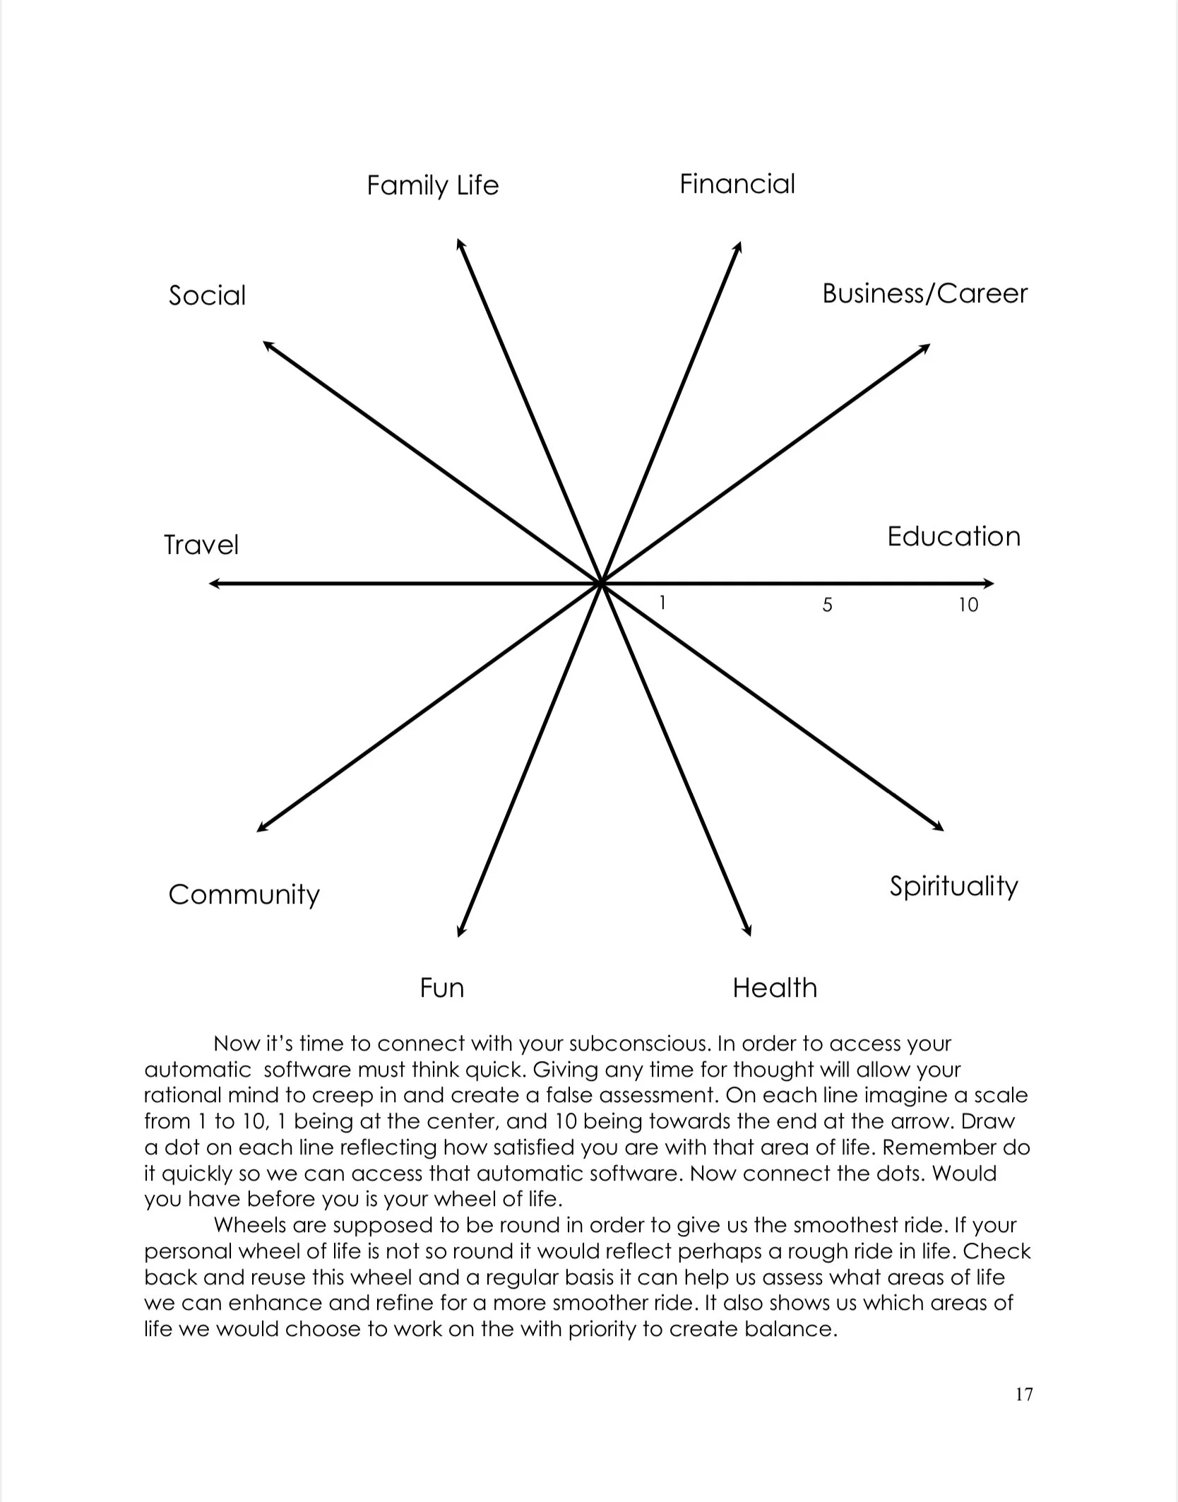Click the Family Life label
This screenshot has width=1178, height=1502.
432,186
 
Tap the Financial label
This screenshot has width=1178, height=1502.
737,184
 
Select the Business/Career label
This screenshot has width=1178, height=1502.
924,294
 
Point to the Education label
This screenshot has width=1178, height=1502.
953,537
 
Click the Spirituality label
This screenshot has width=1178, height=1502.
953,887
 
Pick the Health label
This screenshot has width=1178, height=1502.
775,988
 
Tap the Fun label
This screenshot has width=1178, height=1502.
442,988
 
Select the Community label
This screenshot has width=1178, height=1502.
244,895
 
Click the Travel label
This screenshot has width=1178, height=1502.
201,545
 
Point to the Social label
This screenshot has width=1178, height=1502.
207,295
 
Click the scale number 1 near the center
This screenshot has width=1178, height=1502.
662,603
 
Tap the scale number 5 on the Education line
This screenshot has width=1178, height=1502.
828,605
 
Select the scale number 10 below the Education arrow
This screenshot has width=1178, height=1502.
968,605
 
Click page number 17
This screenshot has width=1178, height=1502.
1024,1394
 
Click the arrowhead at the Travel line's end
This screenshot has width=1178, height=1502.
213,584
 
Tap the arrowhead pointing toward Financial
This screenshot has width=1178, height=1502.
738,247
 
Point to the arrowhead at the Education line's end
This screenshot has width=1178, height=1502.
989,584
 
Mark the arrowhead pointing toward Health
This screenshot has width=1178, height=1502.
748,932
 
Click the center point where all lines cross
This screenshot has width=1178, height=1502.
601,584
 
